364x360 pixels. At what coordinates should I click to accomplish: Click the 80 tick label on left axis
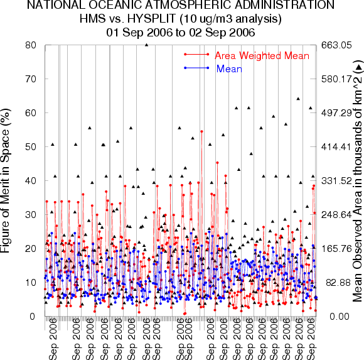pos(31,45)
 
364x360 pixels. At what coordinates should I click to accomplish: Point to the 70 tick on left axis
pos(31,79)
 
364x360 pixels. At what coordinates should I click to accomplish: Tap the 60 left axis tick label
pos(31,113)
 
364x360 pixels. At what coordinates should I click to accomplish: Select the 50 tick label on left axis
pos(31,147)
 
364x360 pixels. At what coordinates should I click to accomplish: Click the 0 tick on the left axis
pos(33,316)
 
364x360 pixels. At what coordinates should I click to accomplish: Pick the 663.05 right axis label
pos(336,45)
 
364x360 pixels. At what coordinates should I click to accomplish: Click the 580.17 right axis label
pos(336,79)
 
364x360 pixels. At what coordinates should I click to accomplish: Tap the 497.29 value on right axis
pos(336,113)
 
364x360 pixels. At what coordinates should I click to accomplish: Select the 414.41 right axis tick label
pos(336,147)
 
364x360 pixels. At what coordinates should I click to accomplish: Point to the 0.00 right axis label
pos(340,316)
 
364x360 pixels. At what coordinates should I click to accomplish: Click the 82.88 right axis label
pos(338,283)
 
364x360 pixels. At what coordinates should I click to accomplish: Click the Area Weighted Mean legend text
pos(262,56)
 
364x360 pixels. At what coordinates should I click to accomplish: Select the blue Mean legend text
pos(229,68)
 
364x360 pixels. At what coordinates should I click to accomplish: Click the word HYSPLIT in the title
pos(151,19)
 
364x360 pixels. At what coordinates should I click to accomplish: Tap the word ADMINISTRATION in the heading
pos(285,5)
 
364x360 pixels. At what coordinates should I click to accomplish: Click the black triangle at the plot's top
pos(146,45)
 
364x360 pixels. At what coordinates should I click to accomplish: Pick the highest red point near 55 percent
pos(201,131)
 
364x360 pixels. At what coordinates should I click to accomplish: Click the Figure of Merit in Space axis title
pos(5,180)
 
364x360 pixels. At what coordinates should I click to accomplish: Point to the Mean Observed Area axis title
pos(358,182)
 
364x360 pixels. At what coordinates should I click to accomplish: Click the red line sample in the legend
pos(196,55)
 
